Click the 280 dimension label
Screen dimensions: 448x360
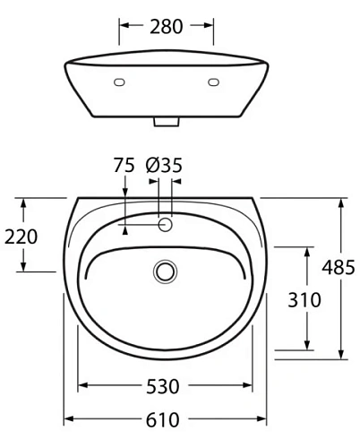pos(167,27)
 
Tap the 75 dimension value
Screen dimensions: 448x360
pos(124,165)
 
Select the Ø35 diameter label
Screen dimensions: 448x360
pos(164,165)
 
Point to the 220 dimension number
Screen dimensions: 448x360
pos(21,237)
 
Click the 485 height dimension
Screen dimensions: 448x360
pos(339,267)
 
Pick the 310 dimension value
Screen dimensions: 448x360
pos(304,299)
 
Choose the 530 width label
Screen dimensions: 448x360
pos(164,386)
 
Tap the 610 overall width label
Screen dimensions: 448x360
pos(164,419)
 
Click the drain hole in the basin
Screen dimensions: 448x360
pos(165,271)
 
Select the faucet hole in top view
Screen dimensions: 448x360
pos(165,224)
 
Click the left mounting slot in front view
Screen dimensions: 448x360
pos(119,82)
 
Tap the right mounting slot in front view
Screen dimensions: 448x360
pos(213,82)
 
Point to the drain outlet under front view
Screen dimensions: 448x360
pos(166,121)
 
